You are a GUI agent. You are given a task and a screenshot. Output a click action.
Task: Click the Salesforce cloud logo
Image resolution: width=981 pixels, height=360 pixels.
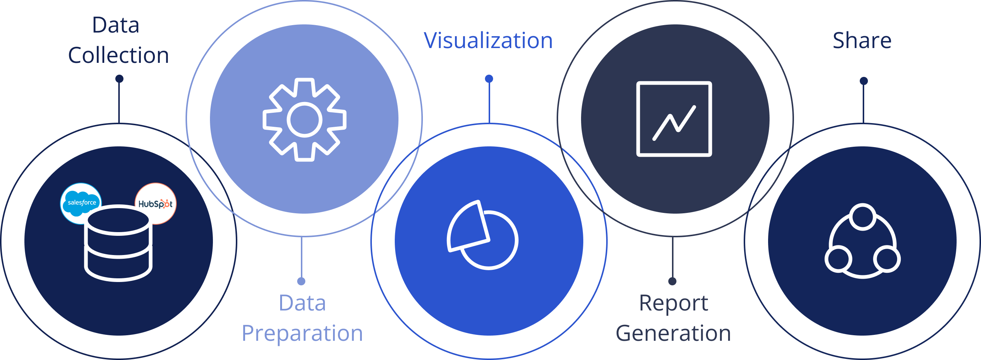tap(81, 203)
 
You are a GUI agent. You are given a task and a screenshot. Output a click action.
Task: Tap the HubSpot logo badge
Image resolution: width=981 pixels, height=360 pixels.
tap(155, 204)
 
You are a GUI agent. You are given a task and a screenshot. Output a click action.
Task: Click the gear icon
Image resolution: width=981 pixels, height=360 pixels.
tap(304, 120)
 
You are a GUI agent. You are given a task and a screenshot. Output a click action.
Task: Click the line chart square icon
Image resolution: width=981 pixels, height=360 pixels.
tap(674, 119)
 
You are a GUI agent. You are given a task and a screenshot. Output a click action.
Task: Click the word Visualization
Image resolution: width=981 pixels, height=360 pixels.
tap(488, 40)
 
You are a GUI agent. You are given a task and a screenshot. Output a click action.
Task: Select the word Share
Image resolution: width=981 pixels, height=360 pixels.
tap(862, 40)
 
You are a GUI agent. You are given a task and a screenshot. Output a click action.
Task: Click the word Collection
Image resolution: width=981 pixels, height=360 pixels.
tap(118, 55)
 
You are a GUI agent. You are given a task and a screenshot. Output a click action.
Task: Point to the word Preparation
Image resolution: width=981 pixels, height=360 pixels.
tap(302, 333)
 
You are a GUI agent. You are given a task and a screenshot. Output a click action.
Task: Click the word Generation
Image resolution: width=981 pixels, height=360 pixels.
tap(673, 333)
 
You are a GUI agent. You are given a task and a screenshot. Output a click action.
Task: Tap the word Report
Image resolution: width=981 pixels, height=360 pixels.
tap(673, 303)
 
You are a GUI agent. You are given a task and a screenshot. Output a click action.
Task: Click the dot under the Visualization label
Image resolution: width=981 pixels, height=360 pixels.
tap(489, 79)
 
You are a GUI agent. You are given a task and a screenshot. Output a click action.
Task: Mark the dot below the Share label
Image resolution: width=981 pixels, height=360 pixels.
tap(864, 81)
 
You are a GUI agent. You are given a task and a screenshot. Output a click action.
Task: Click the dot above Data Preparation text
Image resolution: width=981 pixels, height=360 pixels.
tap(301, 281)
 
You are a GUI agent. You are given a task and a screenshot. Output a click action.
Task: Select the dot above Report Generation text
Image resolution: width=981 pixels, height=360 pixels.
tap(672, 281)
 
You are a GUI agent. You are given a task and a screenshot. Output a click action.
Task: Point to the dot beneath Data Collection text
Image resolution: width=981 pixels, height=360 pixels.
tap(119, 79)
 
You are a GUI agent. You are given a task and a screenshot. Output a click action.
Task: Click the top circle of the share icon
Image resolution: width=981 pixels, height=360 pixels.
tap(863, 217)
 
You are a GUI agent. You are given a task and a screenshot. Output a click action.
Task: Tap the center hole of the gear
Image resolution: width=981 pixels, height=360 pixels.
tap(304, 120)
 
